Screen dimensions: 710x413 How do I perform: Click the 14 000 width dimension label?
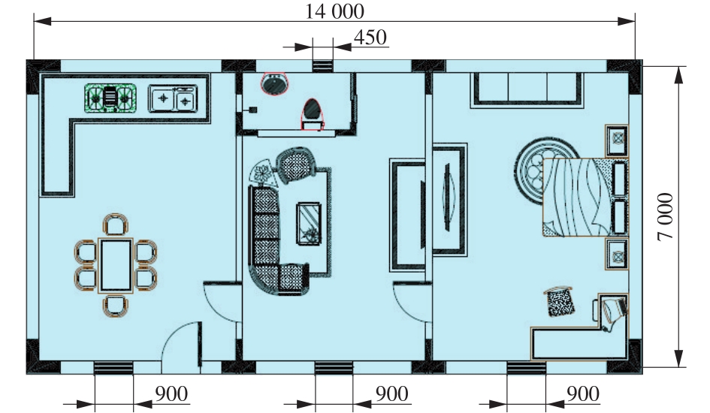[334, 11]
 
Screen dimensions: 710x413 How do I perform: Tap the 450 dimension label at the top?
[370, 38]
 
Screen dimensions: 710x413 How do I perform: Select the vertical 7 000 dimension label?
[666, 217]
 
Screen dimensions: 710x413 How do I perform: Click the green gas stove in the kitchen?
[110, 98]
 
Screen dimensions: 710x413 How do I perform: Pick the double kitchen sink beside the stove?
[173, 98]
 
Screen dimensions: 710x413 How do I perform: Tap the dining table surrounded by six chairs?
[116, 266]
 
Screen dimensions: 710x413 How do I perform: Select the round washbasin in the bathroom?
[274, 83]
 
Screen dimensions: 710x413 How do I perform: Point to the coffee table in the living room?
[309, 224]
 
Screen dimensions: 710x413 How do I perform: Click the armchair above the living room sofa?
[296, 165]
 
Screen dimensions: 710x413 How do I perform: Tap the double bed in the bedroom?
[585, 197]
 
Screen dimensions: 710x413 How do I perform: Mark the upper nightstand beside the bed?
[617, 140]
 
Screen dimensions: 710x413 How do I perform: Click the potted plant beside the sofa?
[263, 173]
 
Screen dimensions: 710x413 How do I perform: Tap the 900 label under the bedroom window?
[583, 394]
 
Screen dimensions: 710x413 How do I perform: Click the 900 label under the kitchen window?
[171, 394]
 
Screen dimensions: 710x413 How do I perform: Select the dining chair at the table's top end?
[116, 225]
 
